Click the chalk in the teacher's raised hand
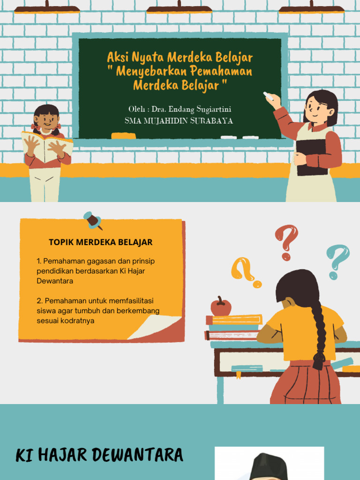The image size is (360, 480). (268, 95)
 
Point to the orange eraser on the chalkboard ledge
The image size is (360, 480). (123, 136)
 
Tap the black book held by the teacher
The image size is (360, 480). (311, 157)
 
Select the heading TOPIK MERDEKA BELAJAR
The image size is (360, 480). (101, 242)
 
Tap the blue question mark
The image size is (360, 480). (338, 260)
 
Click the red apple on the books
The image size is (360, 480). (221, 307)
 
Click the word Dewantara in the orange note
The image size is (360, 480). (55, 281)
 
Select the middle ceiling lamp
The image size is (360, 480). (179, 8)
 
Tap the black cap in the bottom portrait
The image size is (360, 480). (269, 467)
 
